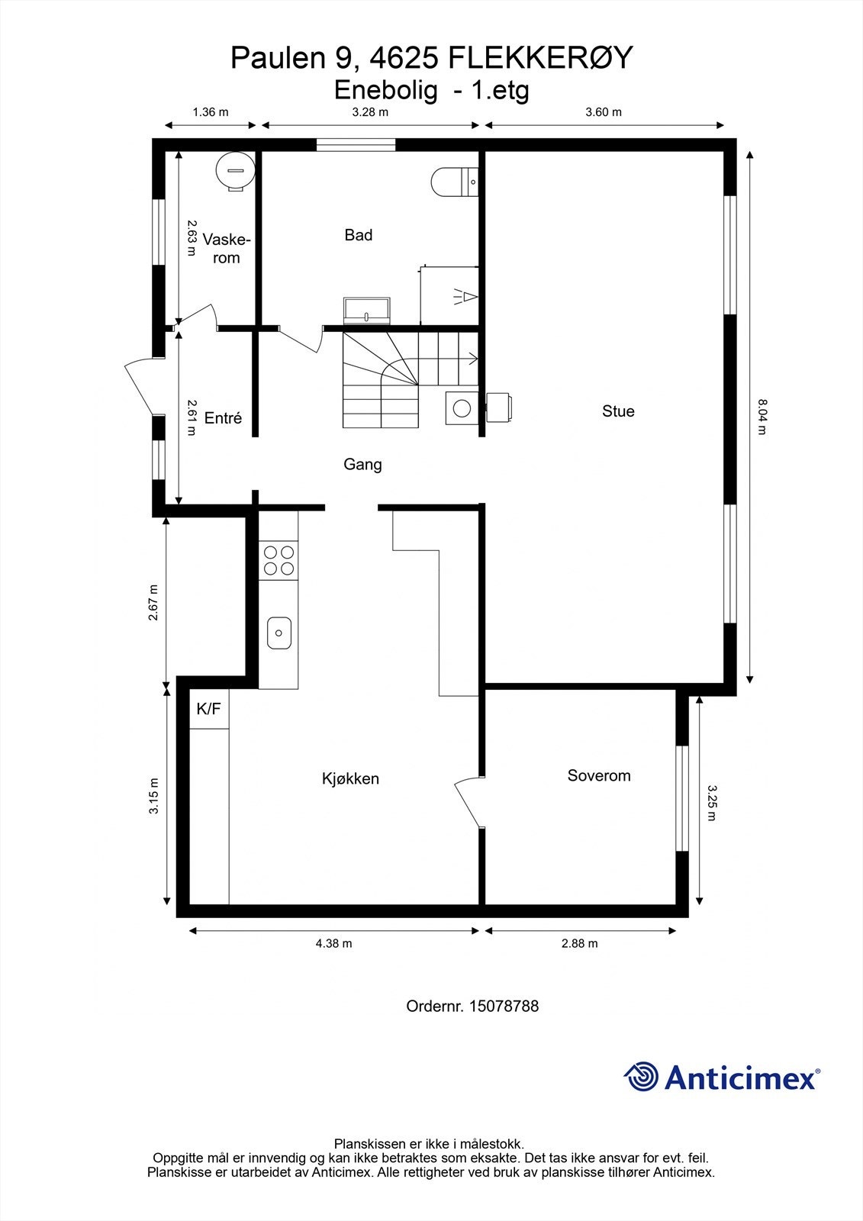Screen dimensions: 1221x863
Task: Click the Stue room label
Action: [618, 411]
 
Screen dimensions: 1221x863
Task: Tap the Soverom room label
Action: [599, 776]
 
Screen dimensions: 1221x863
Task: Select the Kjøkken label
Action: [350, 779]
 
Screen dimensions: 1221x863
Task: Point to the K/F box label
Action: [208, 709]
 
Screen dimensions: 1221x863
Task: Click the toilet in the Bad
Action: [453, 182]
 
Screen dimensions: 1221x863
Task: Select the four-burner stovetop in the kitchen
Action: [278, 560]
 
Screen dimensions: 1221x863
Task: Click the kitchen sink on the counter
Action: [279, 633]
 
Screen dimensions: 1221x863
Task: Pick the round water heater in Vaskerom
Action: [235, 169]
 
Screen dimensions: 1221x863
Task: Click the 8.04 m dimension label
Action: [761, 416]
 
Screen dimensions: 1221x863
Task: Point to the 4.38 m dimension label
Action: [333, 943]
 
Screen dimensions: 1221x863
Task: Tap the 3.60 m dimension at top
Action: [603, 112]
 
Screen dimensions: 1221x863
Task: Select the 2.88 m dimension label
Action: [579, 943]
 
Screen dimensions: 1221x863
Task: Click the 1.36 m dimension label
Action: [211, 112]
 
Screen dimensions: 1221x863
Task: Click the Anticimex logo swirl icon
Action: [641, 1078]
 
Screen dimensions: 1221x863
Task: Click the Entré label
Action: [223, 418]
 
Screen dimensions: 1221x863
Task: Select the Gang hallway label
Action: [362, 464]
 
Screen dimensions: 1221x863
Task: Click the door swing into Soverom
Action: [468, 803]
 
